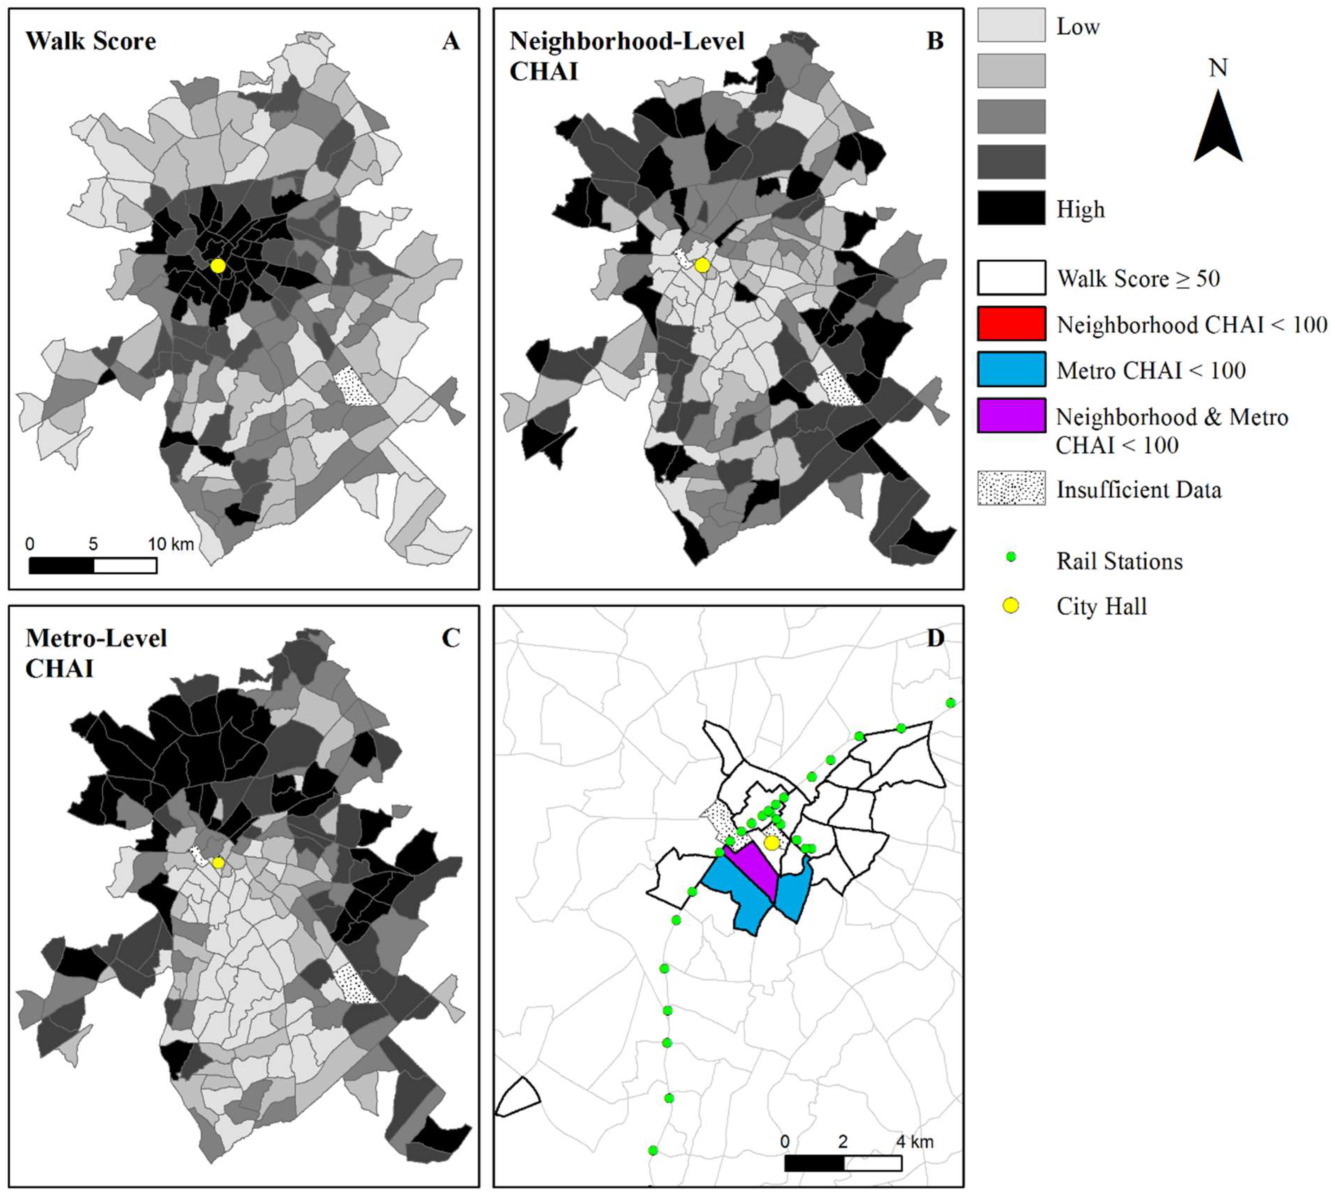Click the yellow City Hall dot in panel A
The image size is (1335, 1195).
218,266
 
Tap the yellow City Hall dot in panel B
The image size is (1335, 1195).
702,265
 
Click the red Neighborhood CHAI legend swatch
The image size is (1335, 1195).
1011,324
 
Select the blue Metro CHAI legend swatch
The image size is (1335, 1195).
1011,370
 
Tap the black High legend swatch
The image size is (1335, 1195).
1011,208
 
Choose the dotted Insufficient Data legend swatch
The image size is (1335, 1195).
1011,488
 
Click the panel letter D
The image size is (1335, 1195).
935,638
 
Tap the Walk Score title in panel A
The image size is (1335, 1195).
91,41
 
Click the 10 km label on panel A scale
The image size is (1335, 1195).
171,544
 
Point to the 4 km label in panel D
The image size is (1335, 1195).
915,1141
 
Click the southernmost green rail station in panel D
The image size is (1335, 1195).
653,1150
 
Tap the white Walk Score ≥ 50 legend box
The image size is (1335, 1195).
1011,278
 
